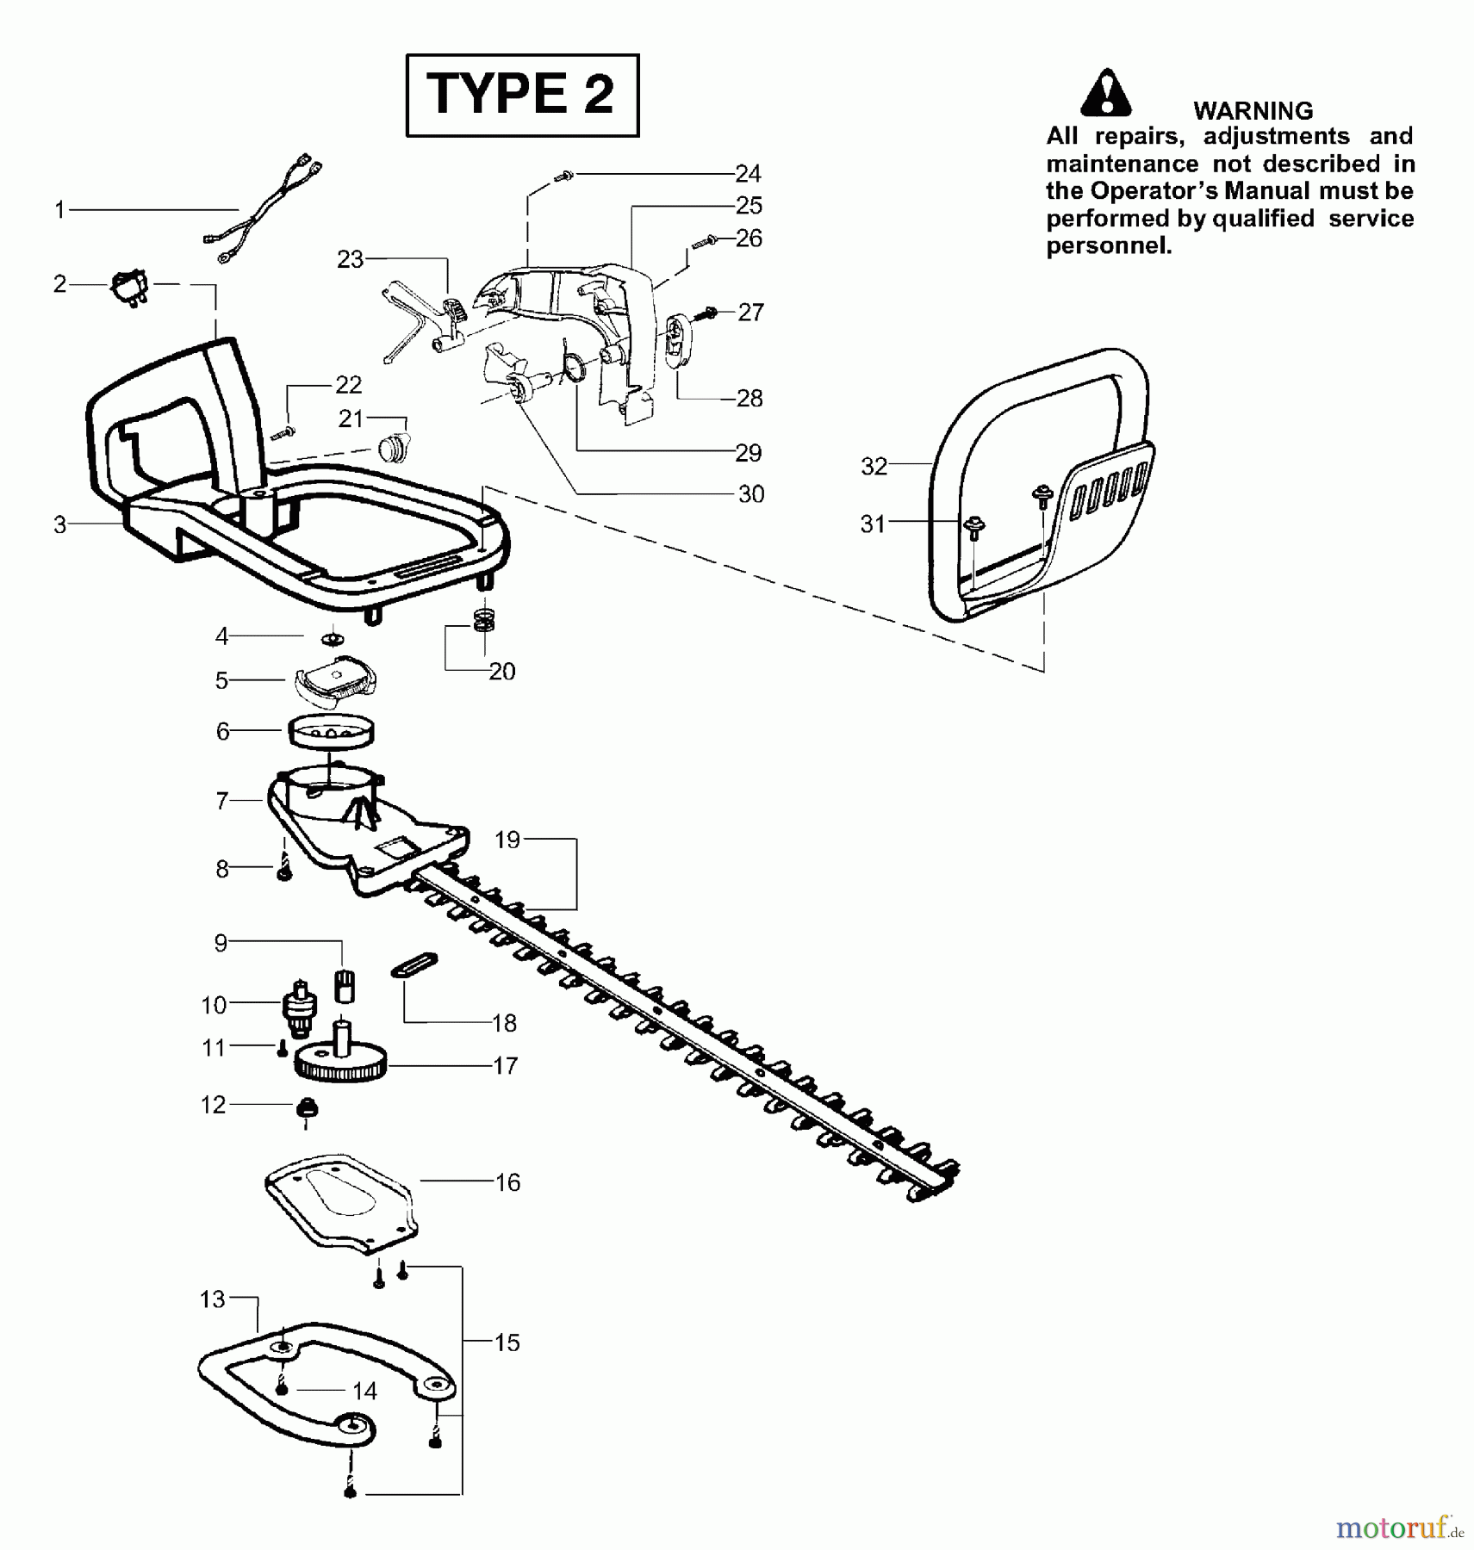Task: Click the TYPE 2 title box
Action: [522, 95]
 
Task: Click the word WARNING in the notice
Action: [1253, 110]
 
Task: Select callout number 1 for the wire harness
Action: [59, 209]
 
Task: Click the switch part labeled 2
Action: [129, 286]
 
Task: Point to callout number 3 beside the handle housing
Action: [59, 524]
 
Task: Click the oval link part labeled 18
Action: [414, 964]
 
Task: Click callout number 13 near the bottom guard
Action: [212, 1299]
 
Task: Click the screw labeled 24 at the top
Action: [564, 176]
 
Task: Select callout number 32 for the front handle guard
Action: [874, 466]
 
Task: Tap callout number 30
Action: [750, 494]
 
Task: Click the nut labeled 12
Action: [307, 1107]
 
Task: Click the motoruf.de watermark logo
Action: [1399, 1528]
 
